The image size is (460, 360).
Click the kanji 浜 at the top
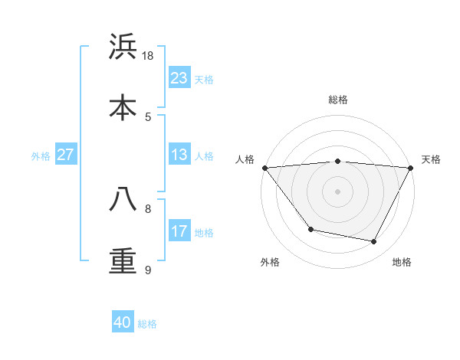tap(123, 47)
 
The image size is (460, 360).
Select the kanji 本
tap(123, 107)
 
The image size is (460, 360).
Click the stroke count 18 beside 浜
tap(148, 56)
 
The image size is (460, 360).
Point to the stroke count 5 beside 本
tap(148, 116)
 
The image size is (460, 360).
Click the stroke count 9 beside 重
tap(148, 270)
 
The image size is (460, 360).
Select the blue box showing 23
tap(179, 77)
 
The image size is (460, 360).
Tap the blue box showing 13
tap(179, 155)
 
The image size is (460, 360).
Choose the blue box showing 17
tap(179, 231)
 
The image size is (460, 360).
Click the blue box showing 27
tap(65, 155)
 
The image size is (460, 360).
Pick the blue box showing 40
tap(123, 322)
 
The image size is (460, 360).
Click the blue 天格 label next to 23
tap(204, 79)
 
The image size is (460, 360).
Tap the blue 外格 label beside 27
tap(41, 155)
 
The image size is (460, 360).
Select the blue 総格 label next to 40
tap(147, 324)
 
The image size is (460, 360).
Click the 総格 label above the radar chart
tap(337, 100)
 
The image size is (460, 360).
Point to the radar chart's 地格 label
tap(402, 262)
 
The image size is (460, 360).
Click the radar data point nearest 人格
tap(264, 168)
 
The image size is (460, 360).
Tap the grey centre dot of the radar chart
tap(337, 191)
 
